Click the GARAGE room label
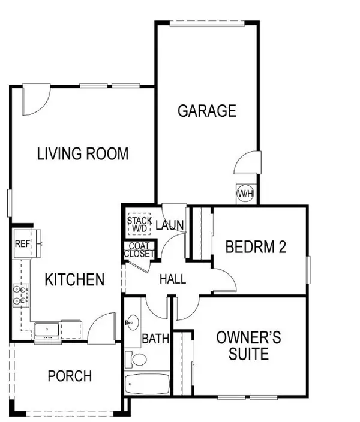click(x=206, y=111)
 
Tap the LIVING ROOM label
click(x=83, y=154)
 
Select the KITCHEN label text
click(x=75, y=279)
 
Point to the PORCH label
click(x=70, y=376)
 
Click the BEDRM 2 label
click(x=255, y=247)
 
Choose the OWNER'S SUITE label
click(x=248, y=346)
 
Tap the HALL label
click(x=172, y=279)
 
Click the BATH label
click(x=155, y=339)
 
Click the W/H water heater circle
click(x=245, y=194)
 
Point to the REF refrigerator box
click(x=22, y=243)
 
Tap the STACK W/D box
click(x=139, y=224)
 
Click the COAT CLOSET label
click(x=139, y=250)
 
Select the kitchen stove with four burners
click(x=20, y=294)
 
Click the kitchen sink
click(x=46, y=329)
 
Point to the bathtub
click(x=147, y=384)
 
